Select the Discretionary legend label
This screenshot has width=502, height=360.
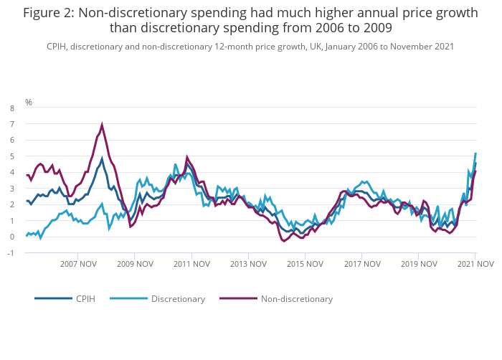click(x=178, y=298)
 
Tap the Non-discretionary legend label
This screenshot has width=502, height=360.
click(x=296, y=298)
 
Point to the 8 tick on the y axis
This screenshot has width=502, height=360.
click(x=11, y=108)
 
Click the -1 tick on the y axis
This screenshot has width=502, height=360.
click(x=10, y=253)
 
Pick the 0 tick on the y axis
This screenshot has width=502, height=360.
click(x=11, y=237)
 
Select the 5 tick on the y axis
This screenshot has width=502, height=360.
click(x=11, y=156)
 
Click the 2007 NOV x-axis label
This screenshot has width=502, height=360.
click(x=78, y=264)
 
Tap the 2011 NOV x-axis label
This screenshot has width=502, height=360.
click(x=191, y=264)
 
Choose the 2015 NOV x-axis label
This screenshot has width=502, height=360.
click(x=305, y=264)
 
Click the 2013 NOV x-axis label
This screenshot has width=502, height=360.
click(x=248, y=264)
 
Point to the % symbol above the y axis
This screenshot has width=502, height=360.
click(x=29, y=103)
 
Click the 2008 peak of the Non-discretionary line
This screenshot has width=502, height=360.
click(x=102, y=125)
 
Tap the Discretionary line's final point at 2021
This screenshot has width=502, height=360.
click(x=475, y=153)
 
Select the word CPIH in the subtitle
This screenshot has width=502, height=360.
click(x=57, y=46)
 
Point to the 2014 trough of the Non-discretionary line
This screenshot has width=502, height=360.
click(x=284, y=240)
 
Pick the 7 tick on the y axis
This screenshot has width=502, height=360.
click(x=11, y=124)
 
